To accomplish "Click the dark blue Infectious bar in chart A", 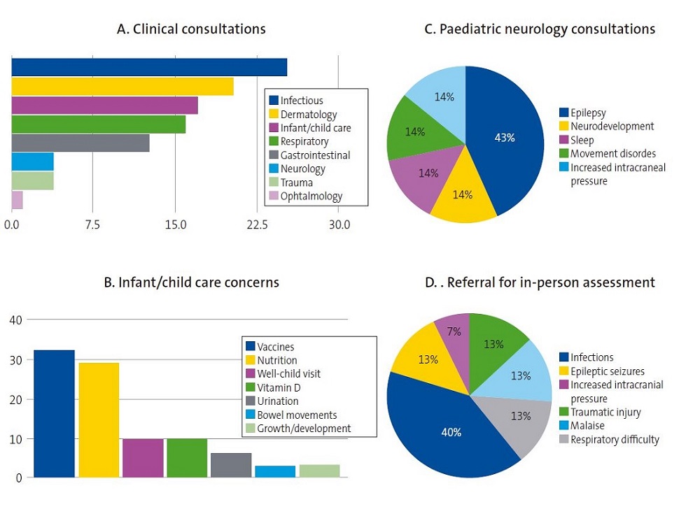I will coord(149,67).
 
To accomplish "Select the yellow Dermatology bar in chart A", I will coord(122,86).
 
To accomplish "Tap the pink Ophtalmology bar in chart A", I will coord(17,200).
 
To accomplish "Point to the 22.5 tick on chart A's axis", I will coord(257,224).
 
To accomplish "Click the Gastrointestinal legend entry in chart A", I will coord(315,155).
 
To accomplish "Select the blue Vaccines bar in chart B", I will coord(55,413).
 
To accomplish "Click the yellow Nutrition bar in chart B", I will coord(99,420).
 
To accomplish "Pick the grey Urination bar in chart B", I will coord(231,465).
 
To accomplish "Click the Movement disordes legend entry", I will coord(612,153).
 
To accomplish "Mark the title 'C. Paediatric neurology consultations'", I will coord(540,29).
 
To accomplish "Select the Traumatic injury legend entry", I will coord(604,412).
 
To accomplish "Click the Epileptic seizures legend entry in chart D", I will coord(606,371).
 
